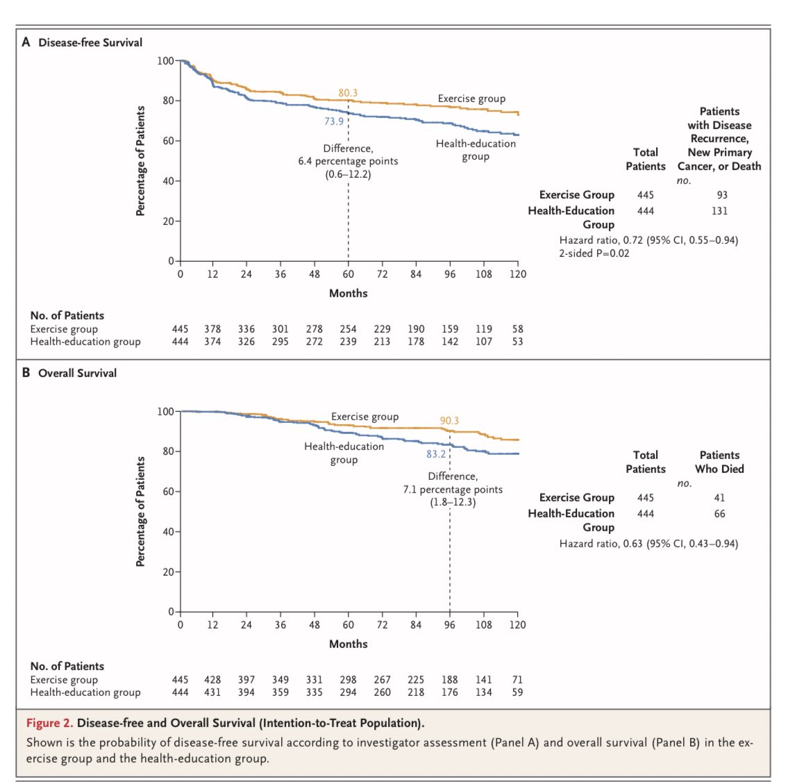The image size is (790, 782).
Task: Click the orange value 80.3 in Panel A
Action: tap(348, 92)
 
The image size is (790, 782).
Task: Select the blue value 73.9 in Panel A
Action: tap(333, 121)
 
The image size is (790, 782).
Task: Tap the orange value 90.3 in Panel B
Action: tap(449, 421)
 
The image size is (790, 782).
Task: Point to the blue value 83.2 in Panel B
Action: tap(436, 454)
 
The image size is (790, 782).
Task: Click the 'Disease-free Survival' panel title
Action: tap(90, 42)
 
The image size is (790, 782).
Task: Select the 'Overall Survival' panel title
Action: tap(77, 373)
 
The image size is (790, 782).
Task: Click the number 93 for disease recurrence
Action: tap(722, 195)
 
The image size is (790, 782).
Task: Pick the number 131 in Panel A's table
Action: tap(719, 210)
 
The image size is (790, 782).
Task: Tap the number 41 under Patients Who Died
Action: tap(719, 497)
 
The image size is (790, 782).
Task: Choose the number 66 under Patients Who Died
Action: tap(719, 513)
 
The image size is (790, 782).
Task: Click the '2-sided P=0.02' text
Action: tap(594, 253)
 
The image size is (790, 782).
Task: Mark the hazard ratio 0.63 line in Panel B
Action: tap(648, 543)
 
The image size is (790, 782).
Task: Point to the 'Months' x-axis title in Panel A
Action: tap(348, 293)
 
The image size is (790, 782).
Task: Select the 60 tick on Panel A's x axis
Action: tap(348, 274)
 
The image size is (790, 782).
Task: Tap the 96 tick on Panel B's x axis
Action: tap(450, 624)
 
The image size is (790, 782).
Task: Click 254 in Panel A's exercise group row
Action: tap(348, 329)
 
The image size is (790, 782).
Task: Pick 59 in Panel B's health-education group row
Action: tap(517, 692)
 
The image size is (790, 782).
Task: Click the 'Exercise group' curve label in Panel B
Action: tap(364, 417)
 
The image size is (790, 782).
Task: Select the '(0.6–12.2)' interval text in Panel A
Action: tap(348, 174)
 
